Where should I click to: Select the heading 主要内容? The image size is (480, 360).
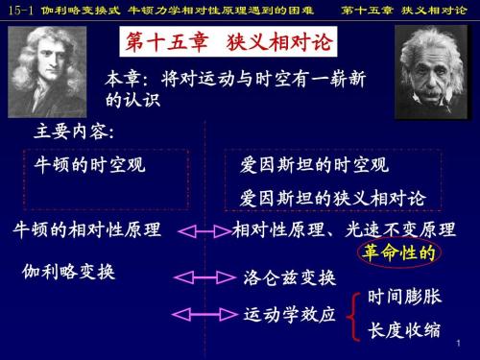click(x=74, y=132)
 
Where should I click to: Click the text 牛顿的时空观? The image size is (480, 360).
click(x=84, y=165)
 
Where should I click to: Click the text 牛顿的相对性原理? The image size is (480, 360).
click(x=86, y=230)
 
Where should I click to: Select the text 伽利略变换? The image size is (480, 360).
click(x=68, y=272)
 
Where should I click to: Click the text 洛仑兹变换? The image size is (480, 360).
click(x=289, y=277)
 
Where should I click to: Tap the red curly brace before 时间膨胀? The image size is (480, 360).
click(x=352, y=314)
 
